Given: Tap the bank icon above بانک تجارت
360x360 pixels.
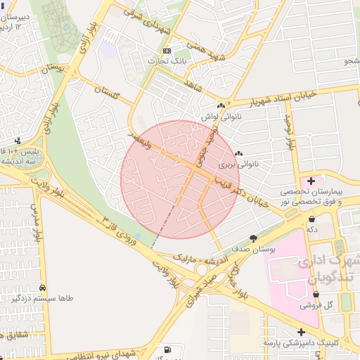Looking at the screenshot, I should tap(167, 51).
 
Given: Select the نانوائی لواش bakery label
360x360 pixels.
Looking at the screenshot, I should tap(217, 117).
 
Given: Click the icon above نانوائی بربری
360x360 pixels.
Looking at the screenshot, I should tap(238, 154).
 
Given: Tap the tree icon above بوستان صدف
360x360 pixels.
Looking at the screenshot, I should tap(253, 239).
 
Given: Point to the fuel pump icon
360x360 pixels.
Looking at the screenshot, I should tap(167, 350).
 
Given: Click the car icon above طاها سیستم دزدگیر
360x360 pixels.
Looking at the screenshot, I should tap(43, 288).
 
